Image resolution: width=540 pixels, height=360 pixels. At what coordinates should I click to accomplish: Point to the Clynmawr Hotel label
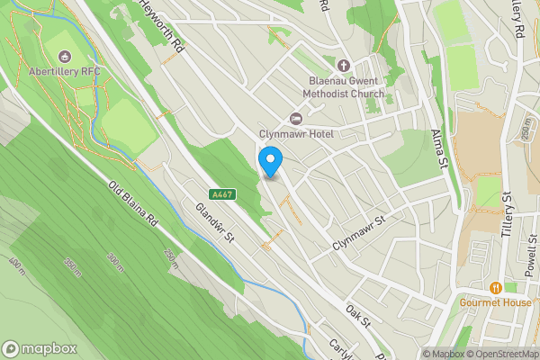tap(296, 135)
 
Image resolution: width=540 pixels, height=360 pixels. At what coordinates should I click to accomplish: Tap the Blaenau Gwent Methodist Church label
tap(341, 86)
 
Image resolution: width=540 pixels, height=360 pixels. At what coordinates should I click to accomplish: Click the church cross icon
tap(342, 65)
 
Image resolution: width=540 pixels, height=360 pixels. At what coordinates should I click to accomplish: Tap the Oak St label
tap(358, 315)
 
